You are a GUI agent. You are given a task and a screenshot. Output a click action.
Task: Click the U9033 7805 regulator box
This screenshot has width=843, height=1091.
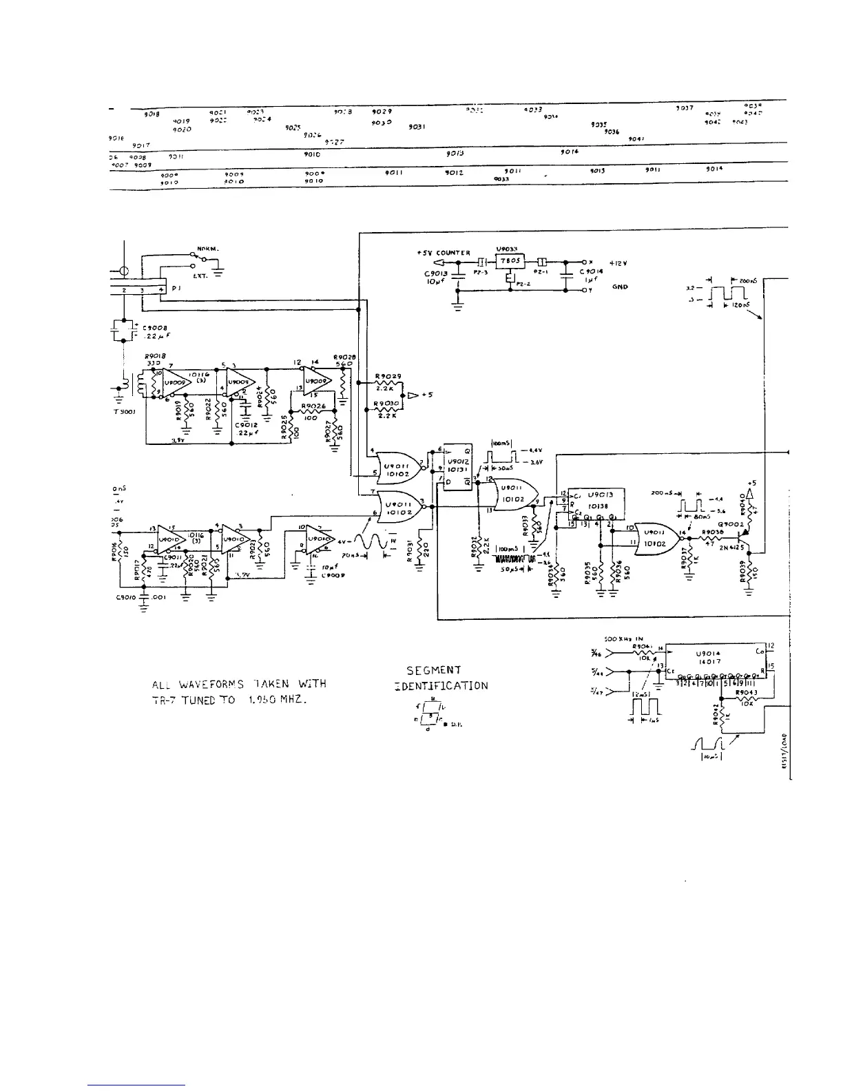(x=510, y=262)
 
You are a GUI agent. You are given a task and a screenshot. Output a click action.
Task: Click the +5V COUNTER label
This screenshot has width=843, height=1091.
(x=444, y=253)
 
